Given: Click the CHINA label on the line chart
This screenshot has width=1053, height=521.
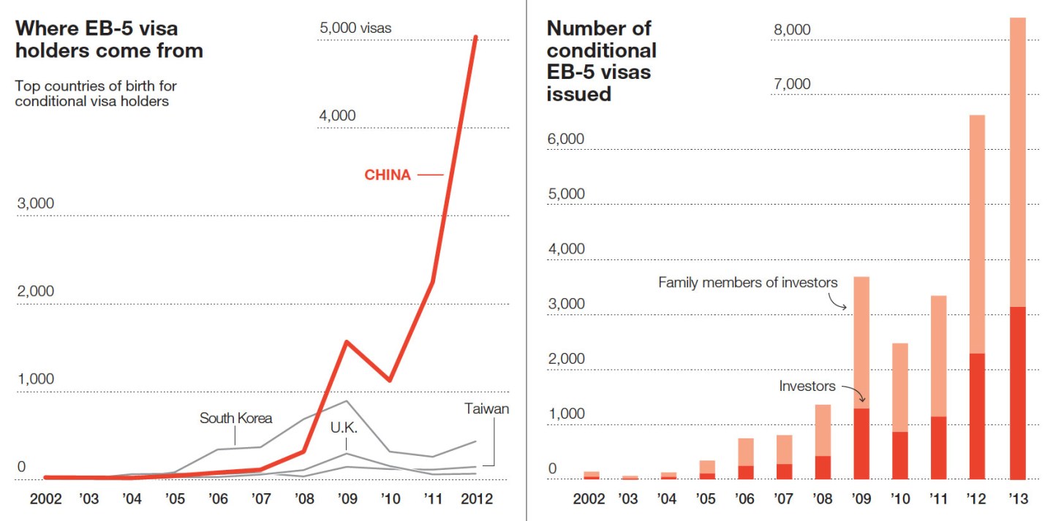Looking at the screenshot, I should pos(388,175).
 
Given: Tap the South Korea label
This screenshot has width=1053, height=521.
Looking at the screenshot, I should pos(235,418).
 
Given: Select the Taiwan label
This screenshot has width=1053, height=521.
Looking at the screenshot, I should pos(486,409).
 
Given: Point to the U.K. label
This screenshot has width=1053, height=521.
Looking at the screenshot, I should pos(344,427).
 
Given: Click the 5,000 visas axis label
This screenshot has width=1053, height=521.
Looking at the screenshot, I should pos(355,28).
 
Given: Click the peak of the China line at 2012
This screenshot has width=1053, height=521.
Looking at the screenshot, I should pos(476,37).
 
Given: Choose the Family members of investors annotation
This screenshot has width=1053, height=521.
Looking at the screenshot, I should pos(748,282).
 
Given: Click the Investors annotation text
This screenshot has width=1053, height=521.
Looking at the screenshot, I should pos(807,387).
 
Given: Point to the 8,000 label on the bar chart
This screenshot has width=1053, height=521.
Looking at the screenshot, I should pos(792,29).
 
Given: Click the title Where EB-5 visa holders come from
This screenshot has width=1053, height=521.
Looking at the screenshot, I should pos(109,39).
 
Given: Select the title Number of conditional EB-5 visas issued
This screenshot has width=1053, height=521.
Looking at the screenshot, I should pos(601,61).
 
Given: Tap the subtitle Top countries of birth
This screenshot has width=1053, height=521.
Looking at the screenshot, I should pos(96,94).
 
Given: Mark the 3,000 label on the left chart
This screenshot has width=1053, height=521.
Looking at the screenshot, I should pos(36,203).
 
